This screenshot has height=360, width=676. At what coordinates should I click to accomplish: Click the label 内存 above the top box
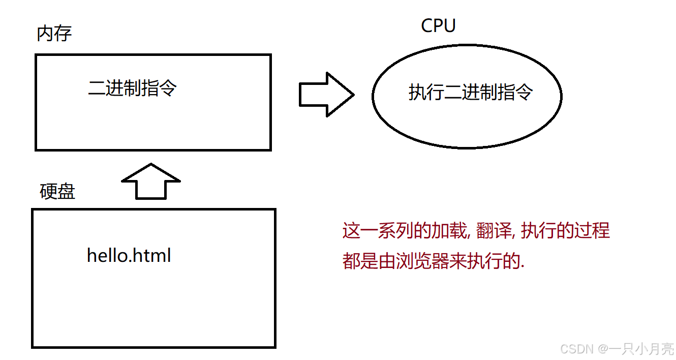coord(54,34)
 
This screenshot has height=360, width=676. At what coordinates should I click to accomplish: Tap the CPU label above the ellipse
coord(438,25)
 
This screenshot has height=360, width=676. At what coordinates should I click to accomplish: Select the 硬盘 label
coord(57,192)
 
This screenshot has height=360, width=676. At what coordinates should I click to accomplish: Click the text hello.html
coord(129,255)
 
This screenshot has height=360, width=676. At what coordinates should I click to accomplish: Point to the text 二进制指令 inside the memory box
coord(132,88)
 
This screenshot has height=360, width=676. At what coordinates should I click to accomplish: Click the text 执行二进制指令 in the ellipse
coord(470,93)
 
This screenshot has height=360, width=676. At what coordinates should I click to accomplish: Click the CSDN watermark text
coord(576,349)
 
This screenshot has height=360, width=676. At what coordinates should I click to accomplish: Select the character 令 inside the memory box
coord(168,88)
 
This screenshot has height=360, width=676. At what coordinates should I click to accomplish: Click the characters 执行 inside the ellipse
coord(426,93)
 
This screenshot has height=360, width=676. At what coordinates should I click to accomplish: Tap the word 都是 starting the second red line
coord(360,262)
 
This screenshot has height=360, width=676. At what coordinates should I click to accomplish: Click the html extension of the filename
coord(153,255)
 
